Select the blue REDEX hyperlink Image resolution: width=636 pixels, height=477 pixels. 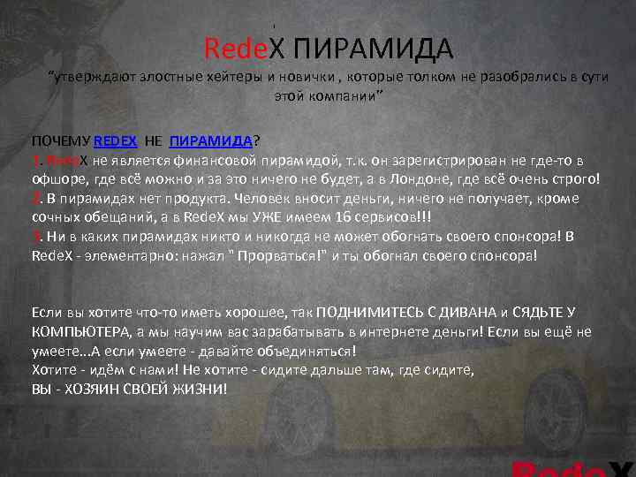[115, 141]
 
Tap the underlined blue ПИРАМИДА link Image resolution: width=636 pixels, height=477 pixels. [210, 141]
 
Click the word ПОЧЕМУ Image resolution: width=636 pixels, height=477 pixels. [60, 141]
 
